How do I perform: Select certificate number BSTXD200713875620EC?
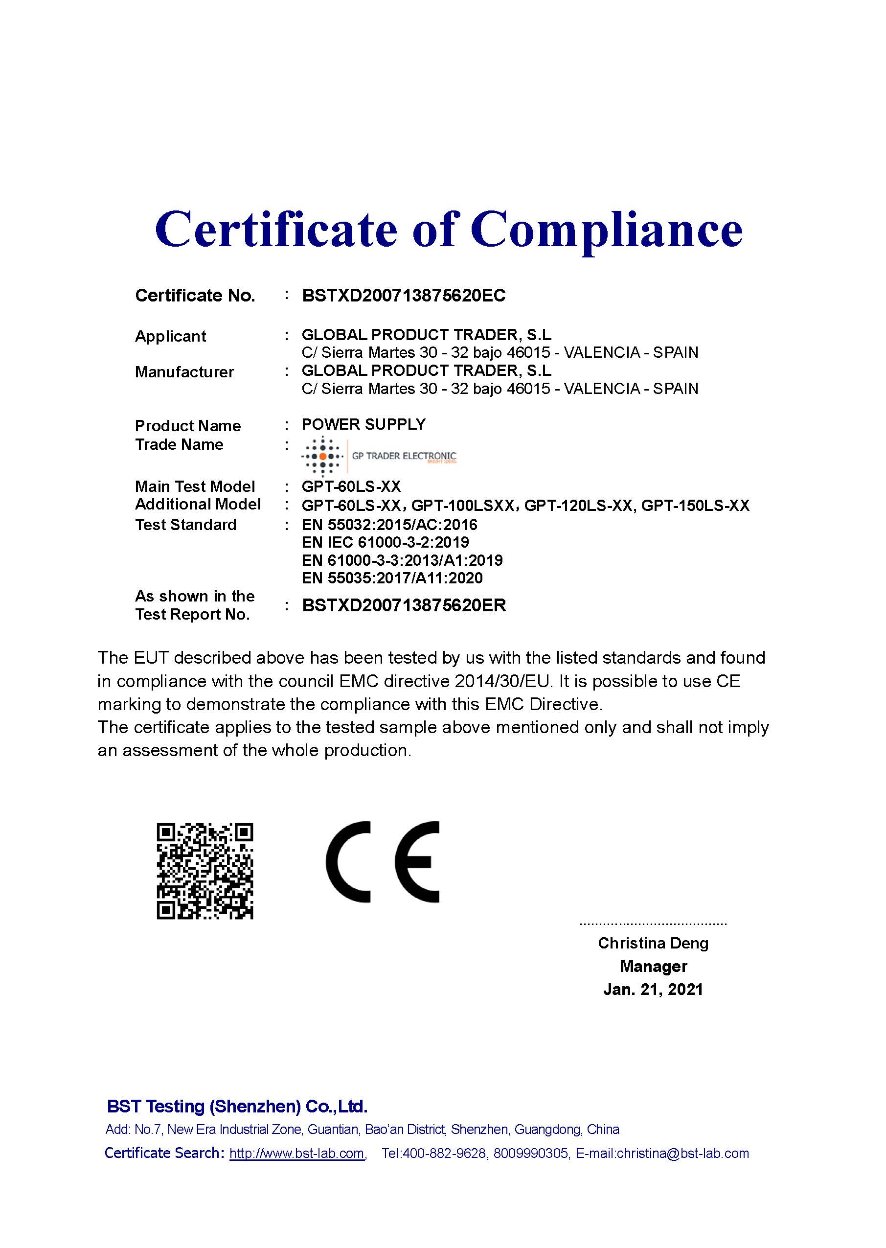404,296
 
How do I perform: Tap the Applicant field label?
170,336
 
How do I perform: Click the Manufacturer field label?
184,372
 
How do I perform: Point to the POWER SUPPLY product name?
363,424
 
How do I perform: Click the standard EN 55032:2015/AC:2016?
389,525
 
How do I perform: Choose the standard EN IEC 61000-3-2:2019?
385,542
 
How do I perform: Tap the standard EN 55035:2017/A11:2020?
392,578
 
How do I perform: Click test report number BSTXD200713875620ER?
404,605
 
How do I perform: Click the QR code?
204,872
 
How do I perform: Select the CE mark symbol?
382,862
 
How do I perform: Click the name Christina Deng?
653,943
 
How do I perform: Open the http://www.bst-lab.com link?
296,1153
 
